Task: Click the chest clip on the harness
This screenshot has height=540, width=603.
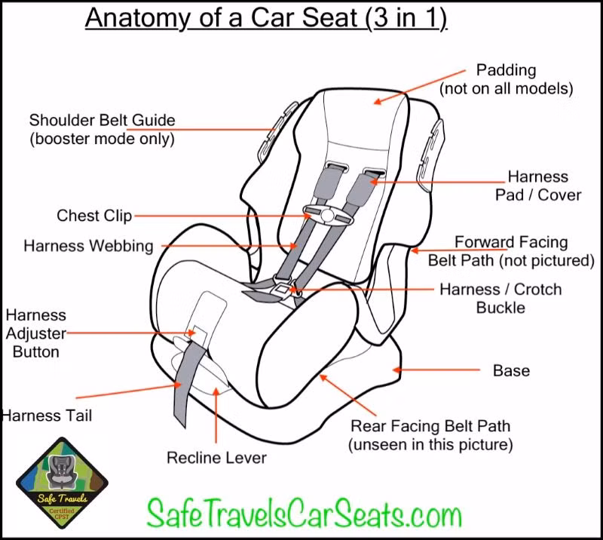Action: pyautogui.click(x=328, y=215)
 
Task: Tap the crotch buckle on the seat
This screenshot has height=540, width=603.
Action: pyautogui.click(x=283, y=290)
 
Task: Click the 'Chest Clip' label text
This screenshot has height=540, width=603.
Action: pyautogui.click(x=94, y=216)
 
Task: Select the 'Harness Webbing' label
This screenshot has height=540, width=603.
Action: pyautogui.click(x=88, y=246)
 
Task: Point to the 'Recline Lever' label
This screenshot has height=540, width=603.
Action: pyautogui.click(x=216, y=458)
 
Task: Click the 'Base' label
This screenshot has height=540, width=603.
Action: pyautogui.click(x=511, y=370)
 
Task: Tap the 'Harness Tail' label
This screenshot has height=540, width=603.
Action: pyautogui.click(x=46, y=416)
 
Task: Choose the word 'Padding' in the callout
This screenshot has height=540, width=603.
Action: pyautogui.click(x=506, y=70)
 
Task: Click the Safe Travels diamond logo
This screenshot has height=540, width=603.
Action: pyautogui.click(x=62, y=483)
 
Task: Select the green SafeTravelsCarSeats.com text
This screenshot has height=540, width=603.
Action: pyautogui.click(x=305, y=513)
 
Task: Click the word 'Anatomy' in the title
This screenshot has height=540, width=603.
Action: pyautogui.click(x=138, y=17)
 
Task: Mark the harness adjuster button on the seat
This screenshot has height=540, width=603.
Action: pyautogui.click(x=200, y=333)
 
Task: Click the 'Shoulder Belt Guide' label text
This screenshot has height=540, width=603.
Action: pyautogui.click(x=103, y=120)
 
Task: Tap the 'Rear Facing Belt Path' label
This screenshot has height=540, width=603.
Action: pyautogui.click(x=430, y=426)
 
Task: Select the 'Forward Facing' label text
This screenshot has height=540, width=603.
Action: pyautogui.click(x=511, y=242)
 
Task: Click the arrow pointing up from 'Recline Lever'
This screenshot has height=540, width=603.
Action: pyautogui.click(x=216, y=415)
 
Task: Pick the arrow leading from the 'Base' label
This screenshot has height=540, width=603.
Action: pyautogui.click(x=436, y=370)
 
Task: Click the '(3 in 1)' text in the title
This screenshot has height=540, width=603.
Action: pyautogui.click(x=406, y=17)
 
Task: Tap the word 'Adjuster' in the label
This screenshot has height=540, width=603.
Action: pyautogui.click(x=35, y=333)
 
